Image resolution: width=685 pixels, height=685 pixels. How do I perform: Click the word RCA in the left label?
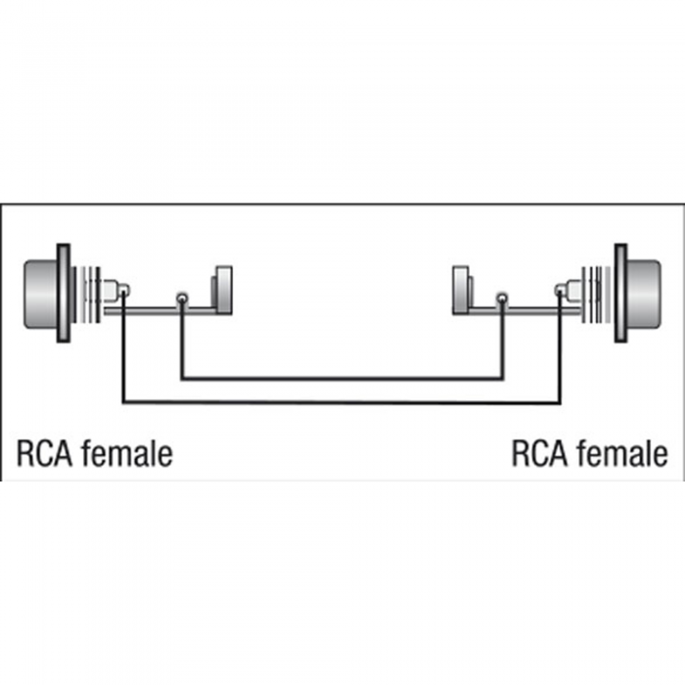(44, 454)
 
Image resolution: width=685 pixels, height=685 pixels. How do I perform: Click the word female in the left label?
(127, 453)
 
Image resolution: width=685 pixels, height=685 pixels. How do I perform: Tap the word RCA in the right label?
(539, 454)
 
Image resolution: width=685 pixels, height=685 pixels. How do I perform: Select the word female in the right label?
(622, 453)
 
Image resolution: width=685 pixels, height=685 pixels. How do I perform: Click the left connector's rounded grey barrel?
(40, 294)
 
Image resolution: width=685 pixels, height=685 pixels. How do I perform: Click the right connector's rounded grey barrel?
(644, 294)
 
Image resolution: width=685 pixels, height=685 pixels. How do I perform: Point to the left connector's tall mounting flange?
(64, 294)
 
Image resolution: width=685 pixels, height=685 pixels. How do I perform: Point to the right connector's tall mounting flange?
(620, 294)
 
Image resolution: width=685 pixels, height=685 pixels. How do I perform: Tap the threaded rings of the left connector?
(88, 295)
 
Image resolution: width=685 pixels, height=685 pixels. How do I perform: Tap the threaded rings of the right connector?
(596, 295)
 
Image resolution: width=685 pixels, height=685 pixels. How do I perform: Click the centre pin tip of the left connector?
(124, 290)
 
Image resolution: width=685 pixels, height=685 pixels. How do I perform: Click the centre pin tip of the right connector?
(560, 290)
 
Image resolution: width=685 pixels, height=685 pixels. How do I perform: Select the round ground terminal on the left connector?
(182, 299)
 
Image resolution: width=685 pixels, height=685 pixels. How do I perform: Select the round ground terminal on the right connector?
(502, 299)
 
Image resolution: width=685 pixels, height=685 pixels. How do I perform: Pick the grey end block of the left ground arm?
(223, 290)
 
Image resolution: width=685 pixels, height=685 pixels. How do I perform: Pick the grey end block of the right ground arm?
(461, 290)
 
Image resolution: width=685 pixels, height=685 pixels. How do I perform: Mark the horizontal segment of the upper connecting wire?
(342, 378)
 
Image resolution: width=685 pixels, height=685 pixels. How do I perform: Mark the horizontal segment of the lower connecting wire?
(342, 401)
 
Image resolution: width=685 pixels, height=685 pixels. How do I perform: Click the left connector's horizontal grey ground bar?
(160, 311)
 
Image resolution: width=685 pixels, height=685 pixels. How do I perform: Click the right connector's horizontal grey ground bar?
(525, 311)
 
